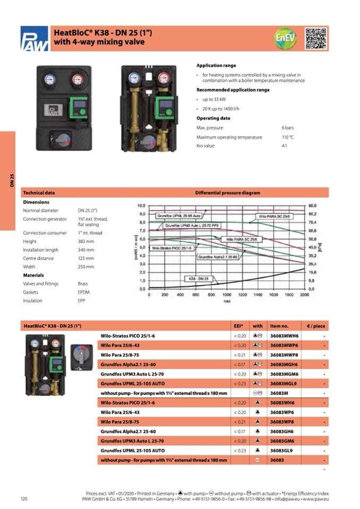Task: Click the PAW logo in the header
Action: coord(35,39)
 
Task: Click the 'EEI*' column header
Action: coord(238,326)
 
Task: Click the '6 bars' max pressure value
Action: coord(287,128)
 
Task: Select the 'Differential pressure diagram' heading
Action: coord(227,193)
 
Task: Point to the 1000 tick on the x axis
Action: coord(227,294)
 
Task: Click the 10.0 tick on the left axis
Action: coord(142,205)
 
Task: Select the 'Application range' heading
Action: coord(216,65)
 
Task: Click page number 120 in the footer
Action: coord(24,498)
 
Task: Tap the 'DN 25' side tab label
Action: coord(12,180)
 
